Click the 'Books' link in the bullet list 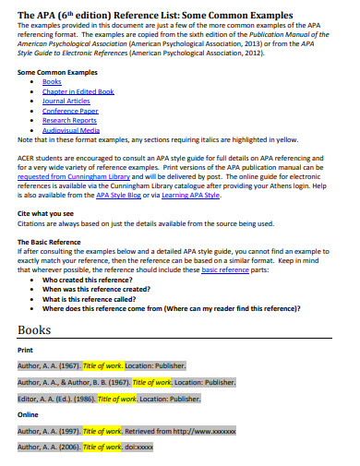point(52,82)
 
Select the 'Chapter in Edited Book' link point(78,91)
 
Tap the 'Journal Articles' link point(66,101)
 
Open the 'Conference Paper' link point(70,110)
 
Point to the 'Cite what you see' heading point(47,213)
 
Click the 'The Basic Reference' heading point(51,241)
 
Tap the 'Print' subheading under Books point(25,351)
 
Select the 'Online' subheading point(28,414)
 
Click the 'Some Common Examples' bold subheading point(56,70)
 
